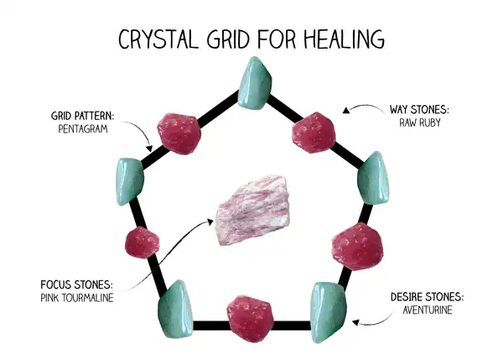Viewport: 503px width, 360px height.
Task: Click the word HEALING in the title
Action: click(x=339, y=39)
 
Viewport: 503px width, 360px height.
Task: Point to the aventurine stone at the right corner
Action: click(x=371, y=179)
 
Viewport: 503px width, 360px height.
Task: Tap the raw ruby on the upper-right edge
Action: click(x=314, y=131)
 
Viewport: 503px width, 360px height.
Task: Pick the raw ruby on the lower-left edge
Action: click(x=141, y=243)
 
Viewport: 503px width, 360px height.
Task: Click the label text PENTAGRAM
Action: click(x=83, y=129)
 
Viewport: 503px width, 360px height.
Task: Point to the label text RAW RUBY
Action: click(x=419, y=123)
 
